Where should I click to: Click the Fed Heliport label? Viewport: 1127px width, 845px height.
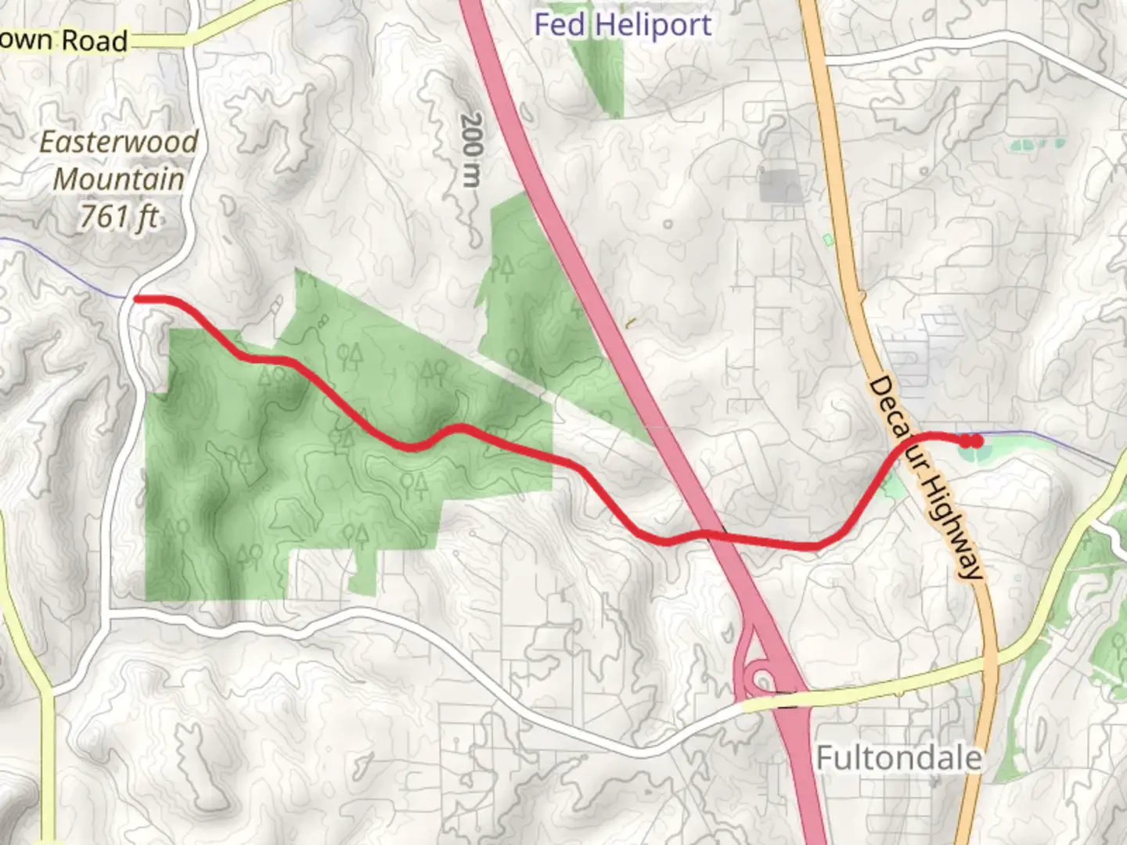(622, 24)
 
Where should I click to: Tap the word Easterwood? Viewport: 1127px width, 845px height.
(119, 142)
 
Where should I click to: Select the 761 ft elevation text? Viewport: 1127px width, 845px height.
(119, 216)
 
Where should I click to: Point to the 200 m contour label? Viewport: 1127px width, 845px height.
(471, 149)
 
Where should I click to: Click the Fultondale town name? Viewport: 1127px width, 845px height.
(898, 757)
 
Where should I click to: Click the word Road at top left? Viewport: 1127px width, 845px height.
(94, 41)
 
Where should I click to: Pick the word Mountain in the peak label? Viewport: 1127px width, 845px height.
(119, 179)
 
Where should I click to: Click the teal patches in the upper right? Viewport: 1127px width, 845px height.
(1037, 145)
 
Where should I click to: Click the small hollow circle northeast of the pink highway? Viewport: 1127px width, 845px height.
(668, 225)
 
